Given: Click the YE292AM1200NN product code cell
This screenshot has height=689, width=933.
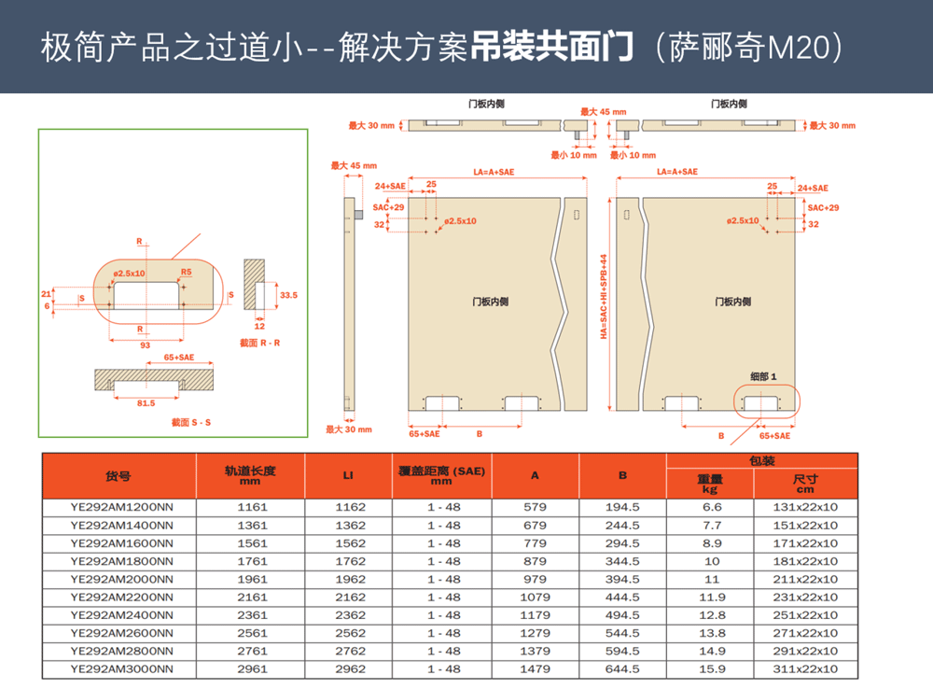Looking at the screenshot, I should click(121, 507).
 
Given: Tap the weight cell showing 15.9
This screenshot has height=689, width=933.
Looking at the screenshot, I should click(712, 668).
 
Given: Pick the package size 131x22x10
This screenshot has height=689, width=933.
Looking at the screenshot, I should click(805, 507).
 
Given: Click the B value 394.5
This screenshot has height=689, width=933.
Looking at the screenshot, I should click(622, 579).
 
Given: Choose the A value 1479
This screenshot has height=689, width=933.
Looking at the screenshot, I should click(535, 668).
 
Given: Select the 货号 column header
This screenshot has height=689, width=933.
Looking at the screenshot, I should click(118, 476).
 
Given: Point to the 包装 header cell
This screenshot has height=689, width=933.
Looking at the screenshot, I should click(761, 460).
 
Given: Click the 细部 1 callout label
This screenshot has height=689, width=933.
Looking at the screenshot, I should click(763, 375).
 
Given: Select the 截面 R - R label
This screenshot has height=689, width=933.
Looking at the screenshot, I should click(259, 344).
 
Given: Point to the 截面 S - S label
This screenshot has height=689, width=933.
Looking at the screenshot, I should click(191, 423).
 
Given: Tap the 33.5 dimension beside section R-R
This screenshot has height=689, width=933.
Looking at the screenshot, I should click(288, 294).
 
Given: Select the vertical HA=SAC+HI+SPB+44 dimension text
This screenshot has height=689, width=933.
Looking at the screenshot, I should click(603, 296).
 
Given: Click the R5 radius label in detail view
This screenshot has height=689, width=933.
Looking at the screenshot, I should click(187, 274).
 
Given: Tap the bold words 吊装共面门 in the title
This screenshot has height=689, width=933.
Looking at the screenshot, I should click(552, 46).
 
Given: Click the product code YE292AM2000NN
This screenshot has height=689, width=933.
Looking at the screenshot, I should click(121, 579).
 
